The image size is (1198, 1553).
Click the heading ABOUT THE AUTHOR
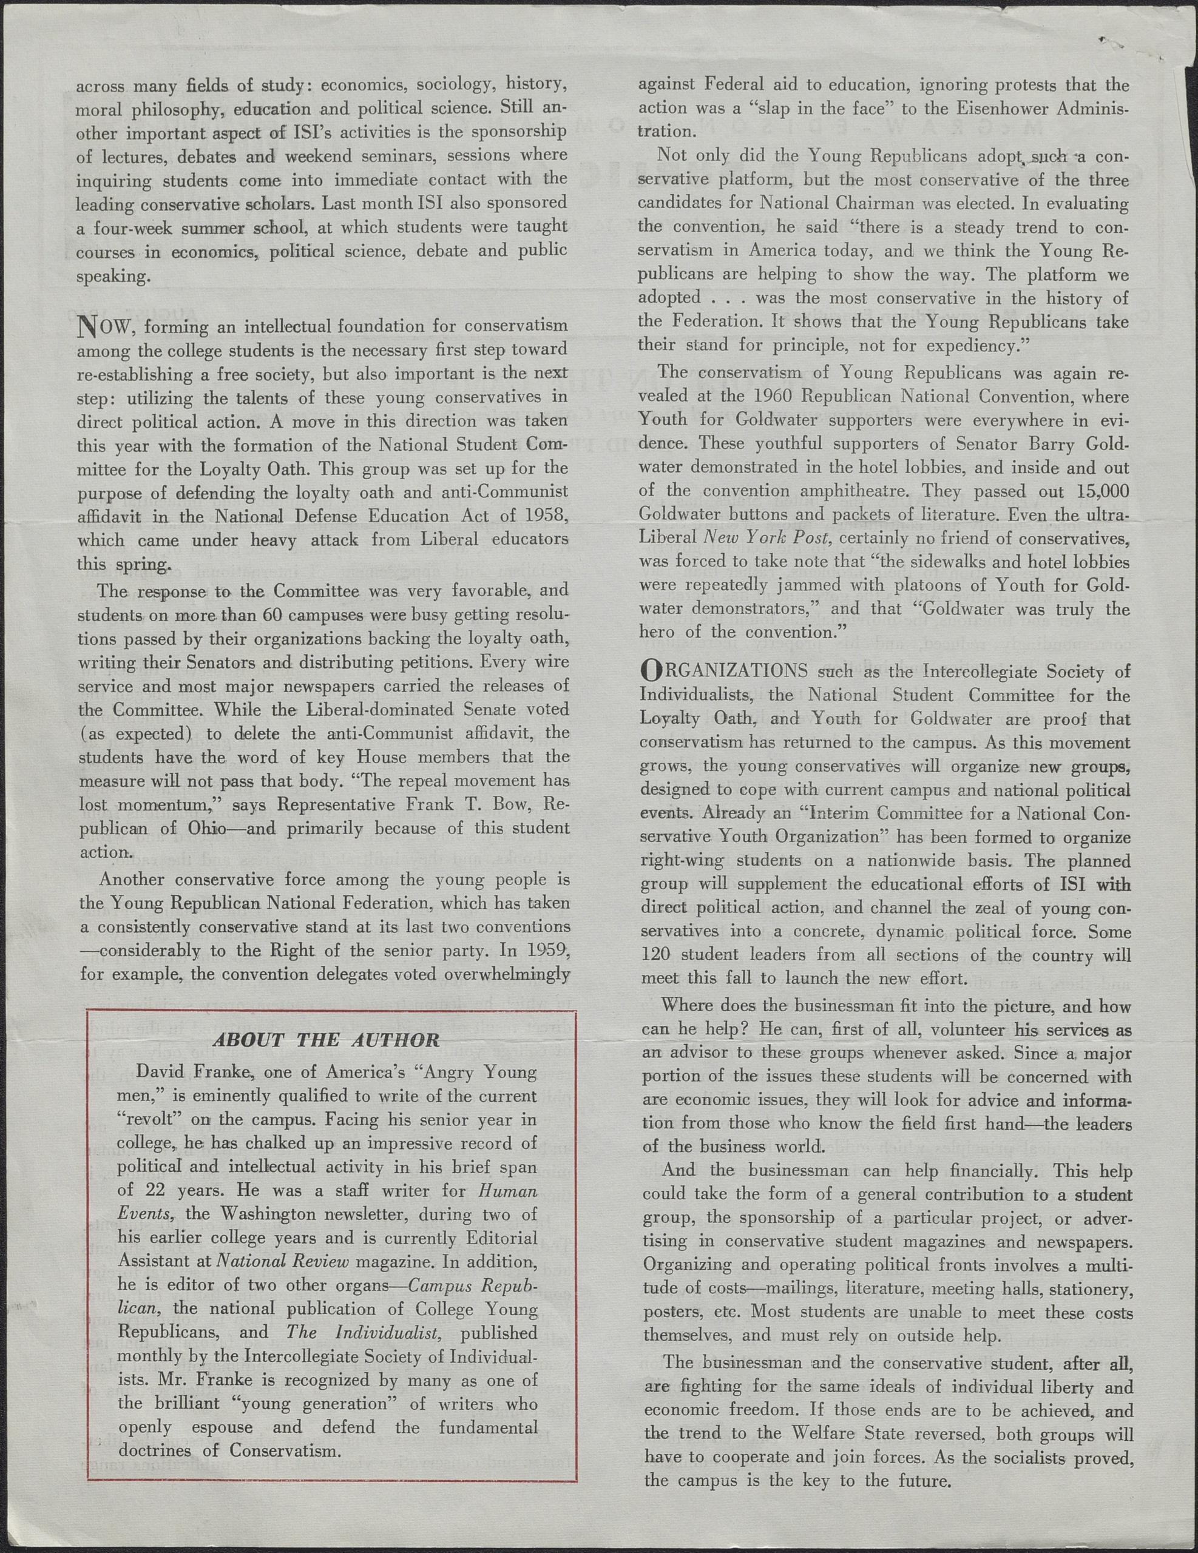pyautogui.click(x=326, y=1040)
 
